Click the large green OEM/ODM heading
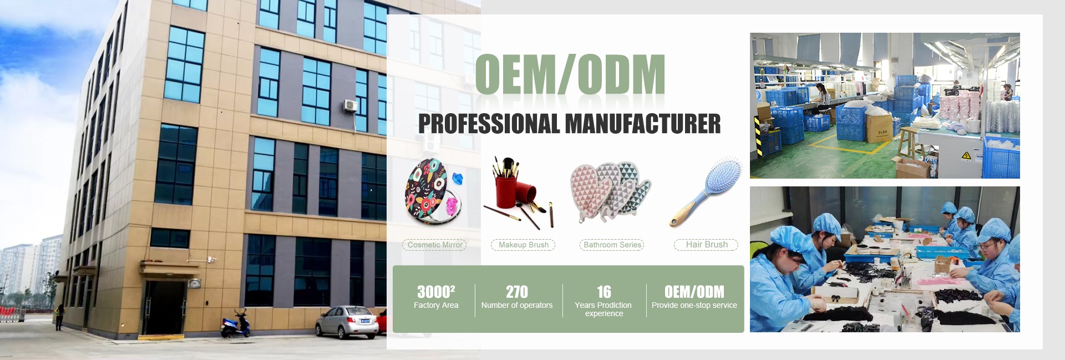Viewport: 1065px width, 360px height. (x=570, y=74)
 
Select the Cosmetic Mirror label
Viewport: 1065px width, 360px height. (x=435, y=245)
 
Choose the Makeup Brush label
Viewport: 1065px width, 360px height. (x=523, y=245)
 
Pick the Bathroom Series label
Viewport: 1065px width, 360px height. (x=612, y=245)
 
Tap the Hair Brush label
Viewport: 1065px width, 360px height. (x=706, y=245)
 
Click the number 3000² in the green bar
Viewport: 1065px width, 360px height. (x=436, y=292)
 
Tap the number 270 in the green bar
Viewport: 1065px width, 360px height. (x=517, y=292)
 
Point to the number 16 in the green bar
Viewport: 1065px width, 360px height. (x=604, y=292)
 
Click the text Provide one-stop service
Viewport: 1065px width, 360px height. (x=694, y=305)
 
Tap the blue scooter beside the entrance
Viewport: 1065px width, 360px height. (x=235, y=324)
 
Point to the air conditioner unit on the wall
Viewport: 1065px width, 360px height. (x=350, y=105)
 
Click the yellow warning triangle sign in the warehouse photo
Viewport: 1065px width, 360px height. (x=966, y=156)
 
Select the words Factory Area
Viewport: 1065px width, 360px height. (x=436, y=305)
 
